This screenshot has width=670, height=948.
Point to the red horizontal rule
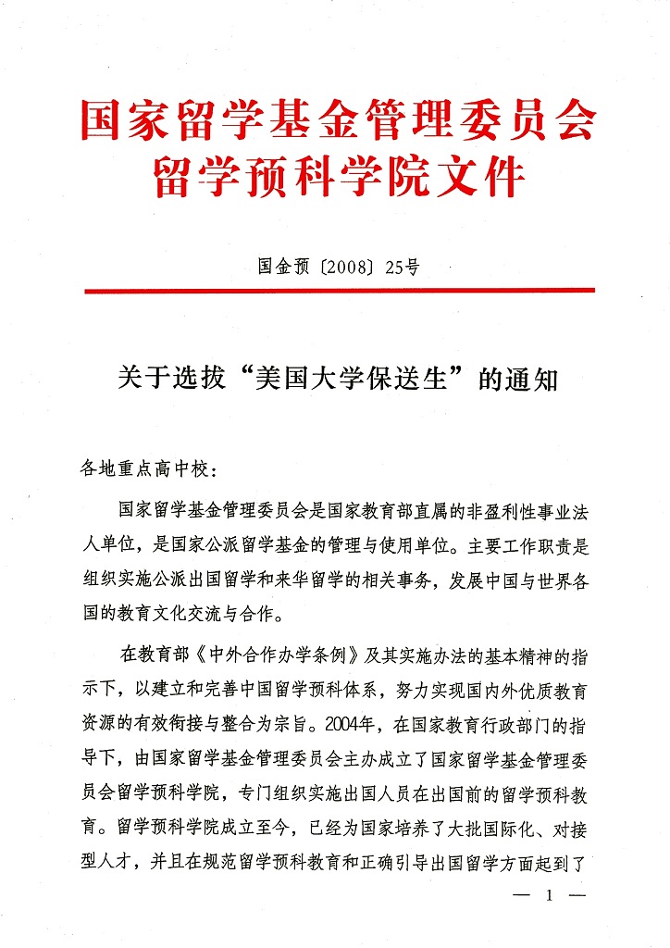click(339, 291)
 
